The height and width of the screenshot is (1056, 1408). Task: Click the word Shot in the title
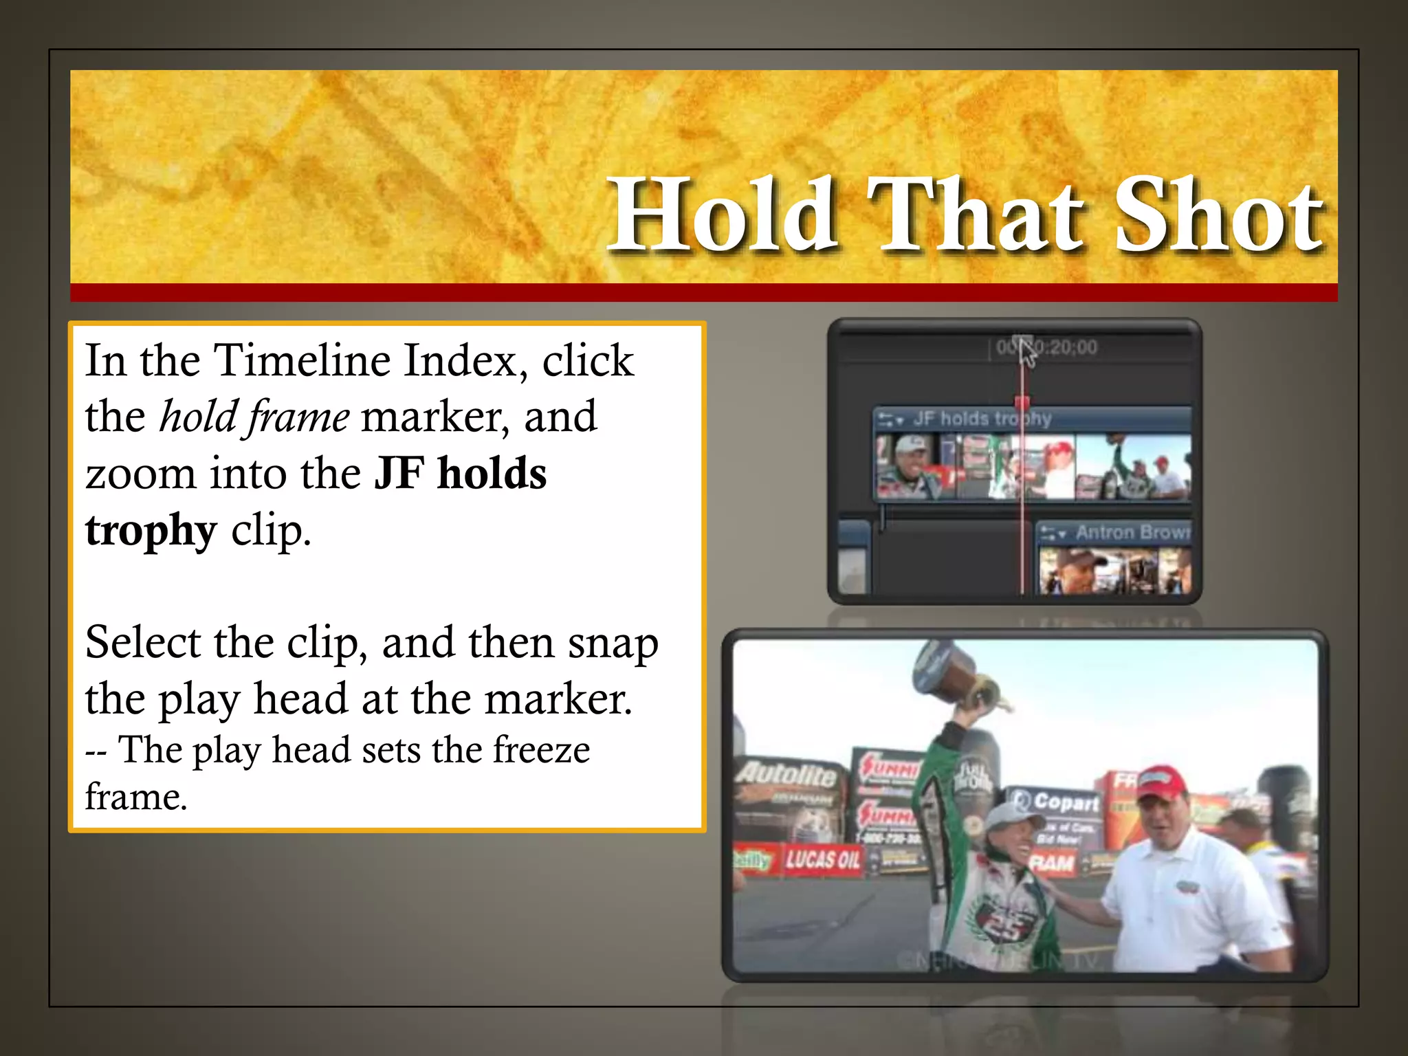pos(1217,214)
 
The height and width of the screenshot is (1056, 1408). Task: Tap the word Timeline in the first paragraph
pos(302,360)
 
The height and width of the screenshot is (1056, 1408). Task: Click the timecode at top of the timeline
pos(1048,347)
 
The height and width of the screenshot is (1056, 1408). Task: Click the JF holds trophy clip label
pos(982,418)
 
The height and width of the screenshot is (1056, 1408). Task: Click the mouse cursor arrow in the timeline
pos(1026,353)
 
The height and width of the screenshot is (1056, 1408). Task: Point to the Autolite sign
pos(786,775)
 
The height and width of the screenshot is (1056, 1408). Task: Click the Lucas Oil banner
pos(822,859)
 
